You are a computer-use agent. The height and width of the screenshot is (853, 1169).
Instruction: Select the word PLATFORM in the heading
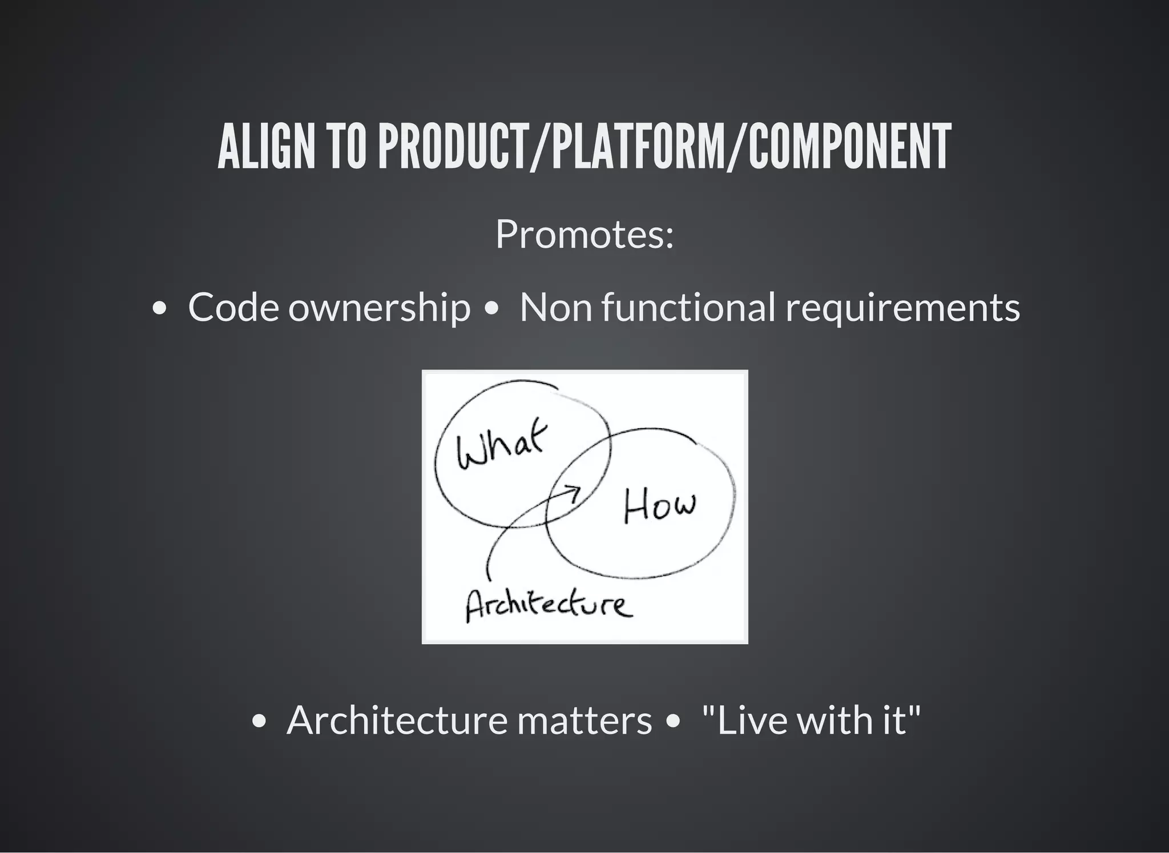pos(631,147)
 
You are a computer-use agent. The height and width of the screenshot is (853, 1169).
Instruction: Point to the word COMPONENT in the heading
pos(849,147)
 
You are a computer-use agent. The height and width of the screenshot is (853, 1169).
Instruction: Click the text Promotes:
pos(584,234)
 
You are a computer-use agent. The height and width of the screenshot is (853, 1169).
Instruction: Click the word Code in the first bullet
pos(233,307)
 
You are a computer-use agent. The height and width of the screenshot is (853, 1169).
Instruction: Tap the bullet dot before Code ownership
pos(160,309)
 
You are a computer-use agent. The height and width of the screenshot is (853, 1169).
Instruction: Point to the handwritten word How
pos(659,506)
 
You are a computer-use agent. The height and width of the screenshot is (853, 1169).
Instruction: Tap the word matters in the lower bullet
pos(584,721)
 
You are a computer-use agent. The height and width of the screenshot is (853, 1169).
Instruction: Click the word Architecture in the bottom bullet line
pos(397,721)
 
